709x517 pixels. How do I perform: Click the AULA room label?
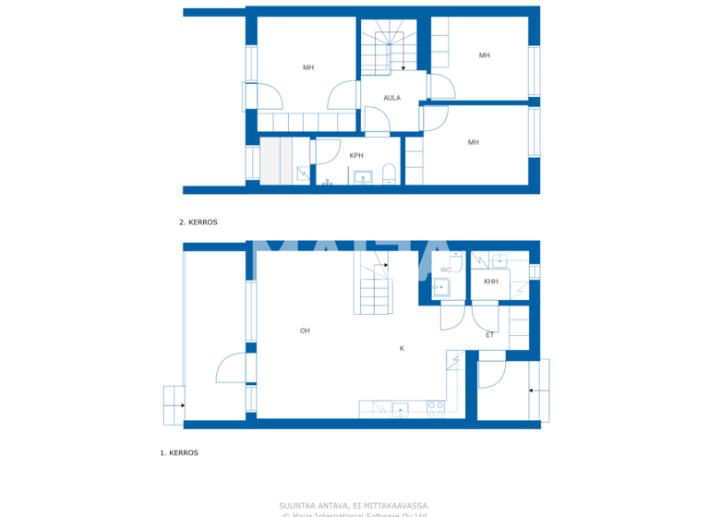coord(391,98)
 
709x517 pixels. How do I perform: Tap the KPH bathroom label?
coord(355,156)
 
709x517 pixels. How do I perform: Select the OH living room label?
coord(304,330)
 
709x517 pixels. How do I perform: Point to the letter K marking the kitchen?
coord(402,348)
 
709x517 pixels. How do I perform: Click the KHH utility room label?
coord(490,282)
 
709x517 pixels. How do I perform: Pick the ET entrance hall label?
coord(489,335)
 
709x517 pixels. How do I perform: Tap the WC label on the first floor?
coord(445,271)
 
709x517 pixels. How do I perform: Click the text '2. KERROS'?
coord(198,222)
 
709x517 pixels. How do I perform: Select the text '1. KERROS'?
coord(179,453)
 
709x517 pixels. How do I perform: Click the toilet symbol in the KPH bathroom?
coord(389,175)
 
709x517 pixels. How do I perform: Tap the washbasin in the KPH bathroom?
coord(362,178)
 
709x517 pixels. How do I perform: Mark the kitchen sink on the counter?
coord(401,409)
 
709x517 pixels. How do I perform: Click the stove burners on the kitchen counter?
coord(435,408)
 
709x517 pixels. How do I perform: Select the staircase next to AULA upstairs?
coord(383,51)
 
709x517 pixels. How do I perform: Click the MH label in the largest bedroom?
coord(307,67)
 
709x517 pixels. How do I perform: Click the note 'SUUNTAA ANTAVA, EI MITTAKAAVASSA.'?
coord(354,505)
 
